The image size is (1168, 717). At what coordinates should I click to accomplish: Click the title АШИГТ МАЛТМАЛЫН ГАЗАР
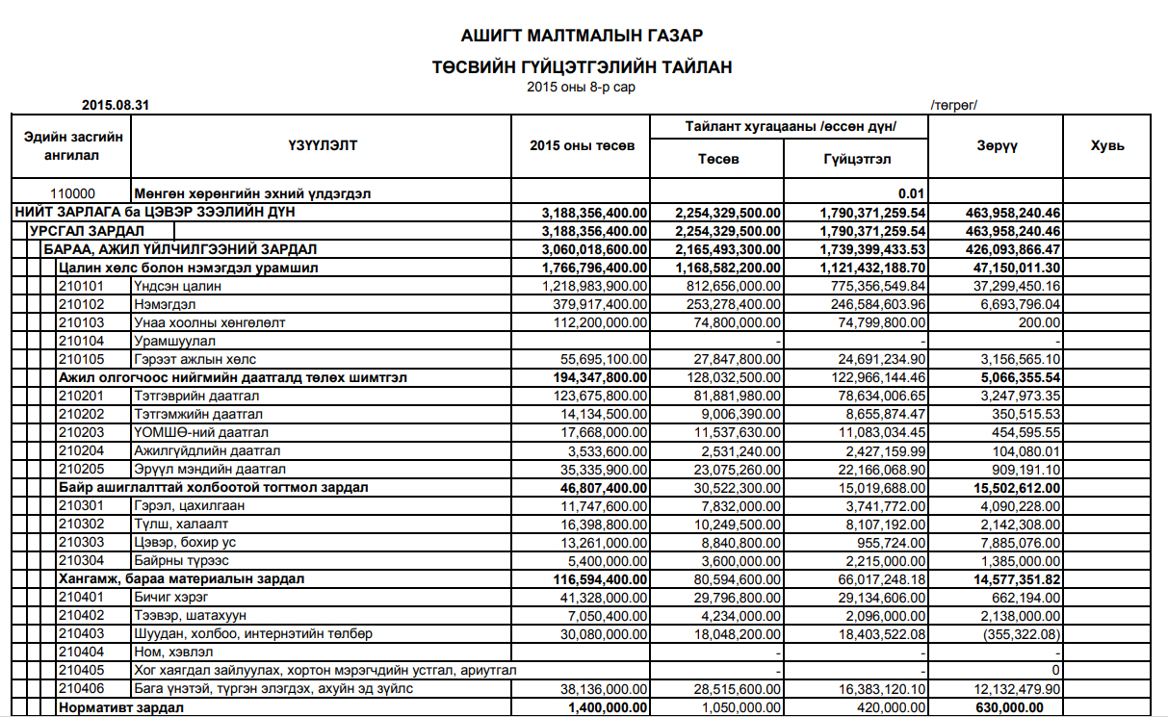582,37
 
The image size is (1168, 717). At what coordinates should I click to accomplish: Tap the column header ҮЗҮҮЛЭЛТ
322,145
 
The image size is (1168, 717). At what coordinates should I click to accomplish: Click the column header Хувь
1107,145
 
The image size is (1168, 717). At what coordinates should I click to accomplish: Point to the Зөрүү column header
996,145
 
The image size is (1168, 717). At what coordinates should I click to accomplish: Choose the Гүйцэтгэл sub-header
856,159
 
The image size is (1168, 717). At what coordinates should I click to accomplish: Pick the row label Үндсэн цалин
178,286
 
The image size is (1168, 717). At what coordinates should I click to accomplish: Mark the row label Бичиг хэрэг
171,597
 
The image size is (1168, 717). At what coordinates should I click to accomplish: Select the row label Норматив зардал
121,707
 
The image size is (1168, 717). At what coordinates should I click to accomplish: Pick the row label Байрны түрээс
185,560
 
